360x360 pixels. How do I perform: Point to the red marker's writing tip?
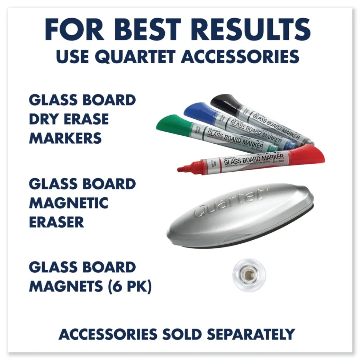(x=181, y=169)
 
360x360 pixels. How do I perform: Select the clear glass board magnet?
(x=247, y=275)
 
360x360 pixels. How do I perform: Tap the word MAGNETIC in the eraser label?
(x=68, y=203)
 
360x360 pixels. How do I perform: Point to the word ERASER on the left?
(x=56, y=222)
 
